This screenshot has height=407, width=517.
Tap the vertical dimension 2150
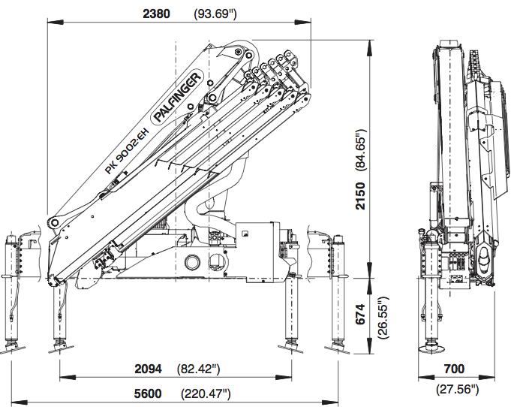click(x=361, y=194)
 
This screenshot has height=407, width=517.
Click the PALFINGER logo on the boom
click(x=178, y=98)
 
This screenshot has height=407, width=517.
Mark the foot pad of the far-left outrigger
click(x=12, y=348)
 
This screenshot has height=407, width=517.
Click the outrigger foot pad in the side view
click(x=432, y=348)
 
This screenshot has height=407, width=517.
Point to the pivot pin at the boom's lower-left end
click(x=53, y=223)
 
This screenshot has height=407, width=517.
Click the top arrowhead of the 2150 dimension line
click(x=370, y=44)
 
